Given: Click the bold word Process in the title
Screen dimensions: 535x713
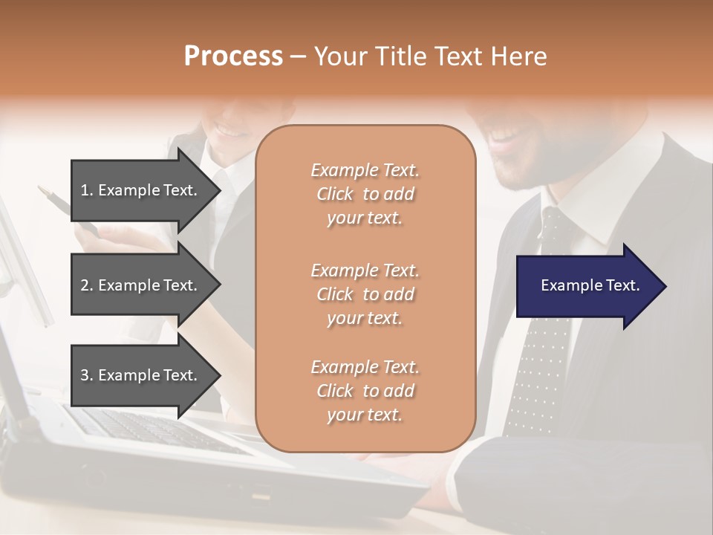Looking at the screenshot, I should click(233, 56).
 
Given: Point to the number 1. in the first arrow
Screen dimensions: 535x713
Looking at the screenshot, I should click(86, 190).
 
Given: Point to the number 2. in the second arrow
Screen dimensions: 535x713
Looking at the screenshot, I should click(86, 285).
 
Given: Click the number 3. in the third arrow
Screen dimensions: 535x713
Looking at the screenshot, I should click(86, 375).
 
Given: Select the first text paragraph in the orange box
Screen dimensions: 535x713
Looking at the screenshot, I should click(365, 194).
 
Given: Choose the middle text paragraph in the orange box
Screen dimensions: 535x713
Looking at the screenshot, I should click(365, 294).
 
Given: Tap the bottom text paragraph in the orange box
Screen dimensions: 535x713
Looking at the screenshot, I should click(365, 391).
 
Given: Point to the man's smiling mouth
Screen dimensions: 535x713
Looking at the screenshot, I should click(507, 137).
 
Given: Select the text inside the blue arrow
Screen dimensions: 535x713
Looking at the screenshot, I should click(590, 286).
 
